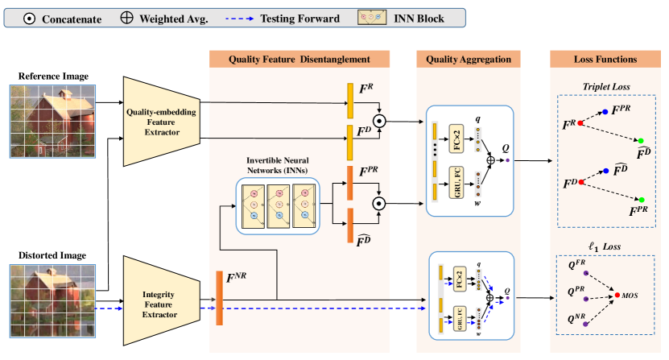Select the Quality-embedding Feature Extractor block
[161, 121]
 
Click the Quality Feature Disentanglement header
[299, 59]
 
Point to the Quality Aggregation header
[469, 59]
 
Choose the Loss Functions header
[605, 59]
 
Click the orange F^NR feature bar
[218, 299]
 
